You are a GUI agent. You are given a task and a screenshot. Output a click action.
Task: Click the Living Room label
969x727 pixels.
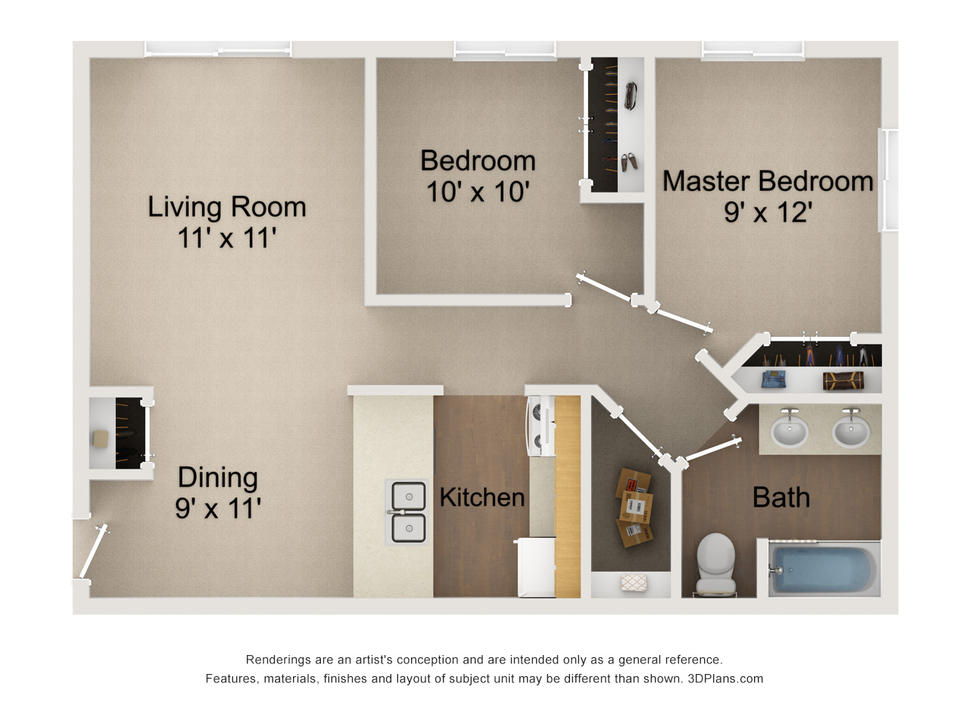coord(226,207)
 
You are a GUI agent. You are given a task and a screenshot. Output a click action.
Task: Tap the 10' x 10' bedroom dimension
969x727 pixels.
coord(478,192)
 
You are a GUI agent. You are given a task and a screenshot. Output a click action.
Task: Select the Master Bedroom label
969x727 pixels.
coord(768,181)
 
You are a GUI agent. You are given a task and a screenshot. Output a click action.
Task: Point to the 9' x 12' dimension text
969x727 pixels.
coord(768,212)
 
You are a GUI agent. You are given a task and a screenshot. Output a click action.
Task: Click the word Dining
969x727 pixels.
coord(217,478)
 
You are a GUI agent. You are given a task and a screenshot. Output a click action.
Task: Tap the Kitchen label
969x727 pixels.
coord(482,498)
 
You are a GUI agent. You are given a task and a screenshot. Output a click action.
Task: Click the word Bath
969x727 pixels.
coord(781,498)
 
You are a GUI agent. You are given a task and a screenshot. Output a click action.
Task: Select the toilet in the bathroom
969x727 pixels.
coord(715,563)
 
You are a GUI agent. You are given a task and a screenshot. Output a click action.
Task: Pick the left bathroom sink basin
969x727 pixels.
coord(790,430)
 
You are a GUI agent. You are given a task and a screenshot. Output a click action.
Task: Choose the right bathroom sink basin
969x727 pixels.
coord(851,430)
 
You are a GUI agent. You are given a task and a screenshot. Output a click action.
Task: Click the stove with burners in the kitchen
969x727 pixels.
coord(541,426)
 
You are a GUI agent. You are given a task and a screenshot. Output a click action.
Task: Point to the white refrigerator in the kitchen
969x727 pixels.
coord(536,567)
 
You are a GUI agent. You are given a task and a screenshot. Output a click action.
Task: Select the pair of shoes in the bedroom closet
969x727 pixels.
coord(629,162)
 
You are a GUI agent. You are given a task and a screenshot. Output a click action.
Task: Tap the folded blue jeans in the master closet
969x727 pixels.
coord(774,379)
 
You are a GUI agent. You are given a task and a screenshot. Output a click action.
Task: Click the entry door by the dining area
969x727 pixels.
coord(94,551)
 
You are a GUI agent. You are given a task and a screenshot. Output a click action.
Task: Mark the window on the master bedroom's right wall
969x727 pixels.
coord(888,179)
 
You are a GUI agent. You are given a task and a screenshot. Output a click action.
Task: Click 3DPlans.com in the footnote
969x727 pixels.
coord(725,679)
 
